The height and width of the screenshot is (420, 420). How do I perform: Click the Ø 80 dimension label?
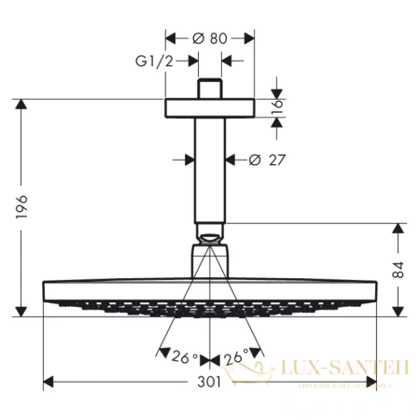point(210,39)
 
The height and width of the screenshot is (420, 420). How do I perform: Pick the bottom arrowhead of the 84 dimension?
point(399,310)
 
